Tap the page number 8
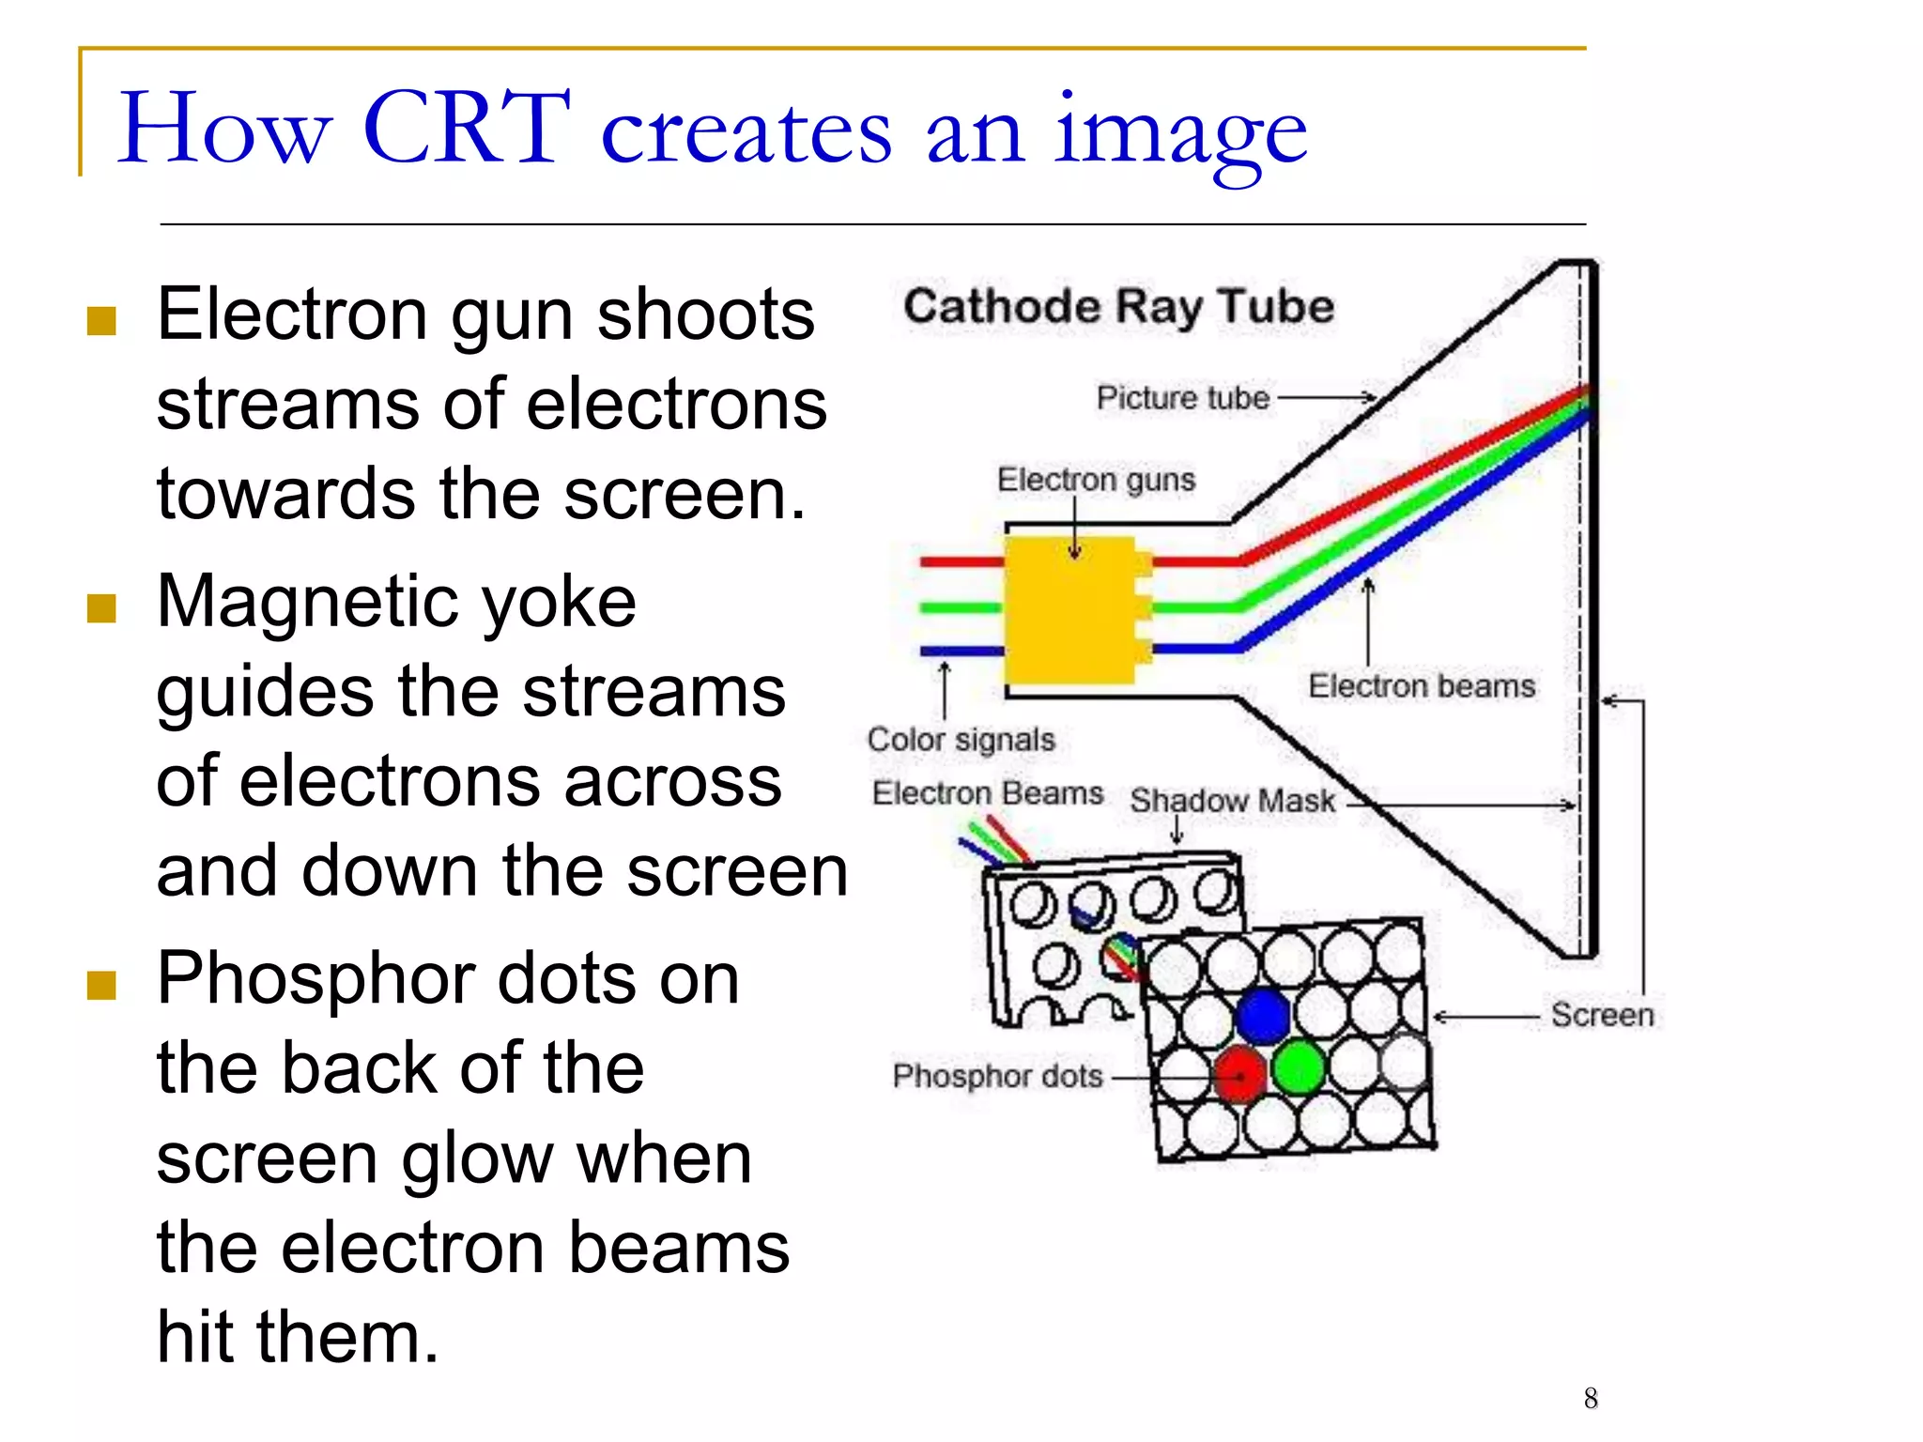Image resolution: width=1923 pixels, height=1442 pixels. pyautogui.click(x=1591, y=1398)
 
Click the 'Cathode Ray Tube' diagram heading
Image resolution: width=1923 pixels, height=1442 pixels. pyautogui.click(x=1118, y=307)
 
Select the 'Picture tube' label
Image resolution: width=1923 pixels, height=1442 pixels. pyautogui.click(x=1182, y=398)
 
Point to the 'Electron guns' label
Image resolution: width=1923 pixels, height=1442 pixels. pyautogui.click(x=1096, y=480)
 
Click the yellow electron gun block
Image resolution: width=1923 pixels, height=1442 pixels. pyautogui.click(x=1070, y=610)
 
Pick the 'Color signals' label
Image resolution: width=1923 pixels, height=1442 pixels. pyautogui.click(x=961, y=740)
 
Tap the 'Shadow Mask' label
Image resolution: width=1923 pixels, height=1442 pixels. pyautogui.click(x=1232, y=801)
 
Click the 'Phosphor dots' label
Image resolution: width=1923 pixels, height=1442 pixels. pyautogui.click(x=997, y=1076)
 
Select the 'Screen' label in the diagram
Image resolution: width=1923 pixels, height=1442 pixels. pyautogui.click(x=1602, y=1015)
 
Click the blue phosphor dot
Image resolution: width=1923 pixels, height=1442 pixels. pyautogui.click(x=1263, y=1015)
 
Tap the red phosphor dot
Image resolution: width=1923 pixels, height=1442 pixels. pyautogui.click(x=1240, y=1073)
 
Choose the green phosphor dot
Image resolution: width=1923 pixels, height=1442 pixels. pyautogui.click(x=1300, y=1067)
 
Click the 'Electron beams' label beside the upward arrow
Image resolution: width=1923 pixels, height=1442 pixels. pyautogui.click(x=1422, y=686)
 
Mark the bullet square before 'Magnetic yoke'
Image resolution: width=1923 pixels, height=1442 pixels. pyautogui.click(x=101, y=608)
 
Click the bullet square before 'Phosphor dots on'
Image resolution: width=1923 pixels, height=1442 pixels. pyautogui.click(x=101, y=986)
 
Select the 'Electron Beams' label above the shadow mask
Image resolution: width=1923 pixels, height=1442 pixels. pyautogui.click(x=987, y=793)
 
